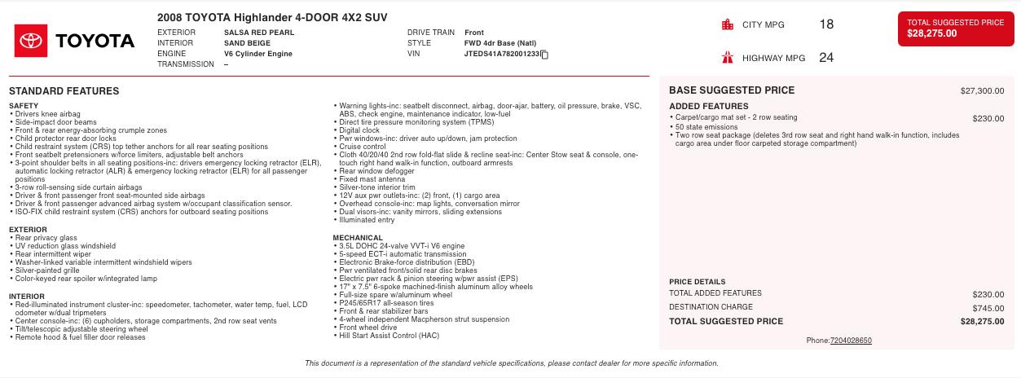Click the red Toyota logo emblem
click(32, 41)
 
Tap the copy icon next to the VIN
click(544, 55)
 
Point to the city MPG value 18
click(826, 24)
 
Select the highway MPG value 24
click(826, 58)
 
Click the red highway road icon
click(728, 58)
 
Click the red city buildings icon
click(728, 24)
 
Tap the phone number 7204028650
click(851, 341)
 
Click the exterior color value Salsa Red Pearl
click(258, 33)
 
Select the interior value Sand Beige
click(248, 43)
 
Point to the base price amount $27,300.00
click(982, 91)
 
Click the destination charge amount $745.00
click(988, 308)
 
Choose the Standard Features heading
click(64, 91)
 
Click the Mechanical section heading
click(357, 238)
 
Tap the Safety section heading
click(24, 107)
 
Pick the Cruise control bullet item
click(363, 147)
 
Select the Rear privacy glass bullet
click(46, 238)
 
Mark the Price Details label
click(697, 282)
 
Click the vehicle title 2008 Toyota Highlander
click(272, 17)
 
